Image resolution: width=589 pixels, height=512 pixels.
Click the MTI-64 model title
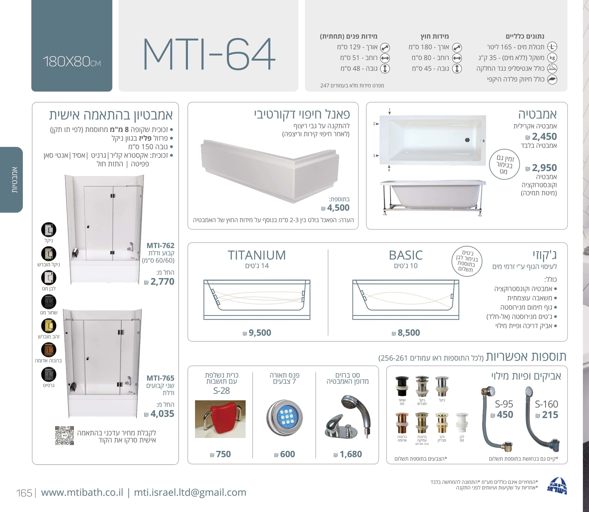coord(209,54)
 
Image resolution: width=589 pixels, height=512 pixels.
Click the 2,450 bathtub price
coord(541,137)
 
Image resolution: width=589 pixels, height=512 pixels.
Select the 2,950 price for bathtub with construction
coord(541,168)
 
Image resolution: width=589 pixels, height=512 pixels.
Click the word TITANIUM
coord(257,255)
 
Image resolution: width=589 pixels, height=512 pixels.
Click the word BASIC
coord(406,255)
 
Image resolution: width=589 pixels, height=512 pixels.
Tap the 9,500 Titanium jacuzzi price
coord(257,333)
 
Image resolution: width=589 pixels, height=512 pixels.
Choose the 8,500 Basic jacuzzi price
coord(406,333)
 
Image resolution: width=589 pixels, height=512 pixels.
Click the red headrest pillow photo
coord(220,419)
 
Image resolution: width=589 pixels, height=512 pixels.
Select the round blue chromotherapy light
coord(284,417)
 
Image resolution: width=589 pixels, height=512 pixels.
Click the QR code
coord(64,436)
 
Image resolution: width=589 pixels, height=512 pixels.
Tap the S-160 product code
coord(546,404)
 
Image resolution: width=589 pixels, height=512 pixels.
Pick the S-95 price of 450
coord(502,414)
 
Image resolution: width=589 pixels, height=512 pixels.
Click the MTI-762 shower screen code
coord(160,245)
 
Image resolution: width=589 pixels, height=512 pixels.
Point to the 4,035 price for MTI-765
coord(159,414)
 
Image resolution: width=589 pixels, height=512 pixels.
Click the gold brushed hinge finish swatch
coord(49,326)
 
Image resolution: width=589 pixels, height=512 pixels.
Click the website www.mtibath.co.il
coord(82,492)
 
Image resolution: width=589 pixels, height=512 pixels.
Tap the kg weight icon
coord(552,58)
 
